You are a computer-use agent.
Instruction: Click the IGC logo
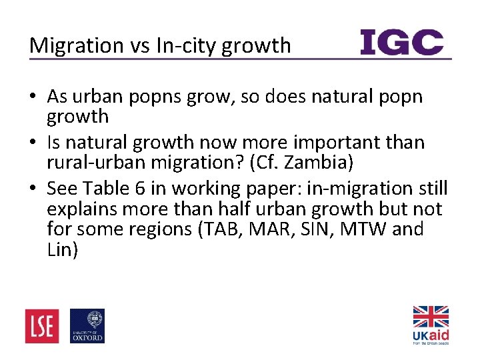click(x=402, y=43)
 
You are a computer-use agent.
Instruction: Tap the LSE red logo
click(x=42, y=326)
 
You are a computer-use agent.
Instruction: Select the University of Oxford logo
click(x=87, y=326)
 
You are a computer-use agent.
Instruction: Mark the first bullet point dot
click(x=33, y=97)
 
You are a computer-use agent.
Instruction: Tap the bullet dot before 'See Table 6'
click(x=33, y=189)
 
